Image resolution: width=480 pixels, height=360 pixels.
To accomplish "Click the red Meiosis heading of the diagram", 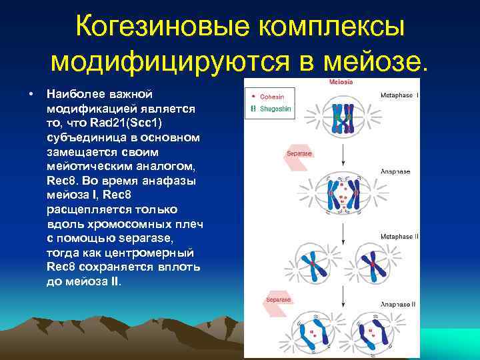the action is (341, 82).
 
